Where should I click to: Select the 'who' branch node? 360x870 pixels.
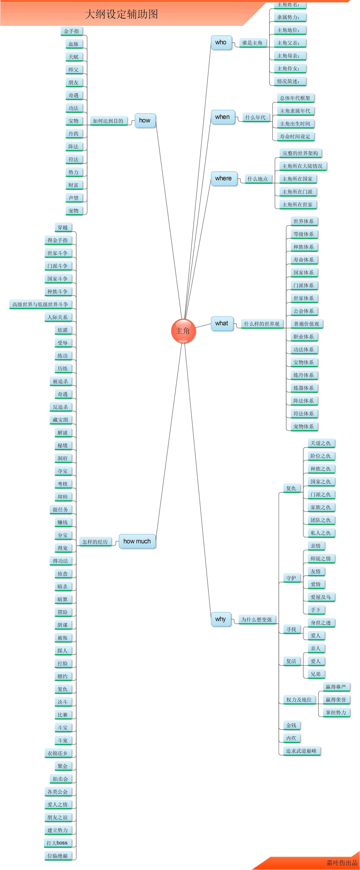click(x=221, y=43)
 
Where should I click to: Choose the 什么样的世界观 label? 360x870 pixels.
click(x=262, y=324)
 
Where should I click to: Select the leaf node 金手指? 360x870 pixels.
click(x=72, y=31)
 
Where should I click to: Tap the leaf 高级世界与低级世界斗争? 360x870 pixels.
click(x=41, y=304)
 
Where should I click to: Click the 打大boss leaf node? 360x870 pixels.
click(x=57, y=843)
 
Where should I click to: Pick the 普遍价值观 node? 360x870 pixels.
click(x=307, y=324)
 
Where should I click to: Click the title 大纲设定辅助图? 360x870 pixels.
click(x=122, y=14)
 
